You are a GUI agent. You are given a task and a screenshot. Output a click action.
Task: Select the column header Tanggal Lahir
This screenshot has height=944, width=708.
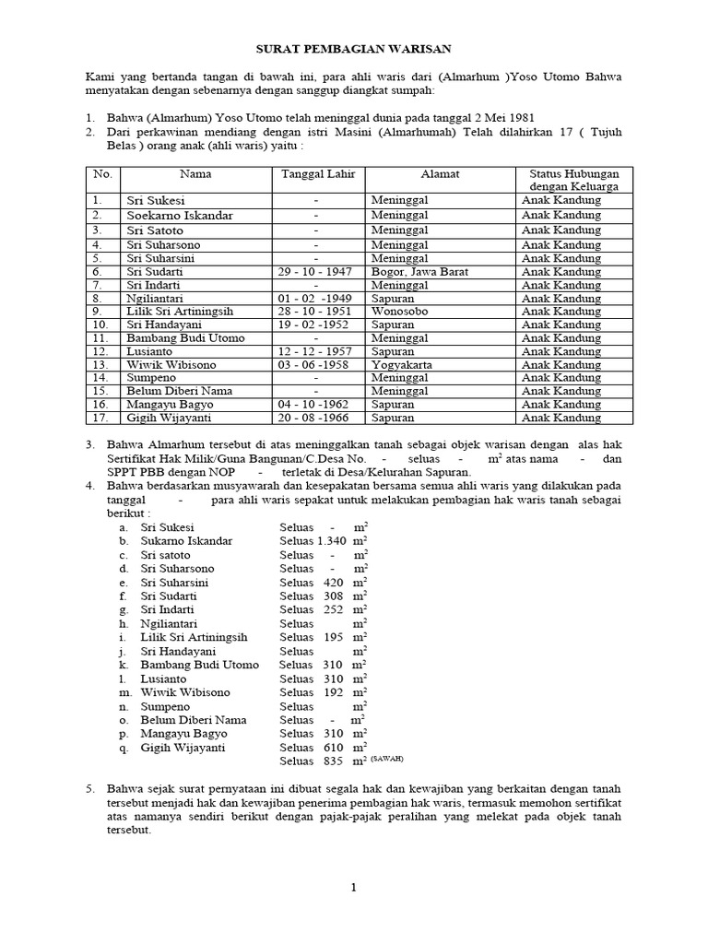point(315,173)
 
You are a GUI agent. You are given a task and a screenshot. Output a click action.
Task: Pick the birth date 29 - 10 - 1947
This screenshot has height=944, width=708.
point(315,272)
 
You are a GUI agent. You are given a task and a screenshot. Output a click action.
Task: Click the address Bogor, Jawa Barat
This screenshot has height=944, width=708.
point(420,272)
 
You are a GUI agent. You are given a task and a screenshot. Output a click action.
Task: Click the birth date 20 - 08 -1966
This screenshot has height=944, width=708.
point(315,418)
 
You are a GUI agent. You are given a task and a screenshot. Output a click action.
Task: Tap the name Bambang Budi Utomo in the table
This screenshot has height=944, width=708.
point(180,338)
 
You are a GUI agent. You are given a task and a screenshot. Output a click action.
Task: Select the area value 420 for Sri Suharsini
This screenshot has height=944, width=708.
point(334,583)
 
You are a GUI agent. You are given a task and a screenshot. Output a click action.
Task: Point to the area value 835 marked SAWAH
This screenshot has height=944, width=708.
point(334,761)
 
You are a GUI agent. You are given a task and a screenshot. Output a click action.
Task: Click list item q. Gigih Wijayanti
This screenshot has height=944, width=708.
point(183,748)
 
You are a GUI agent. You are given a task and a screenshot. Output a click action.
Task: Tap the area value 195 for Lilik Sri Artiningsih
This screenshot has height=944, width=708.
point(334,637)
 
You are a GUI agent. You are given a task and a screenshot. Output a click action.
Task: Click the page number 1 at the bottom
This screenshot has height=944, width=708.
point(353,888)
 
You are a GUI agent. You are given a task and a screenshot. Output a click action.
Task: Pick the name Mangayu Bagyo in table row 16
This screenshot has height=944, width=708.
point(170,405)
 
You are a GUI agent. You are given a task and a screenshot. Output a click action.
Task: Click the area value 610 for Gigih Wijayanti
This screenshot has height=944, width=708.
point(334,748)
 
